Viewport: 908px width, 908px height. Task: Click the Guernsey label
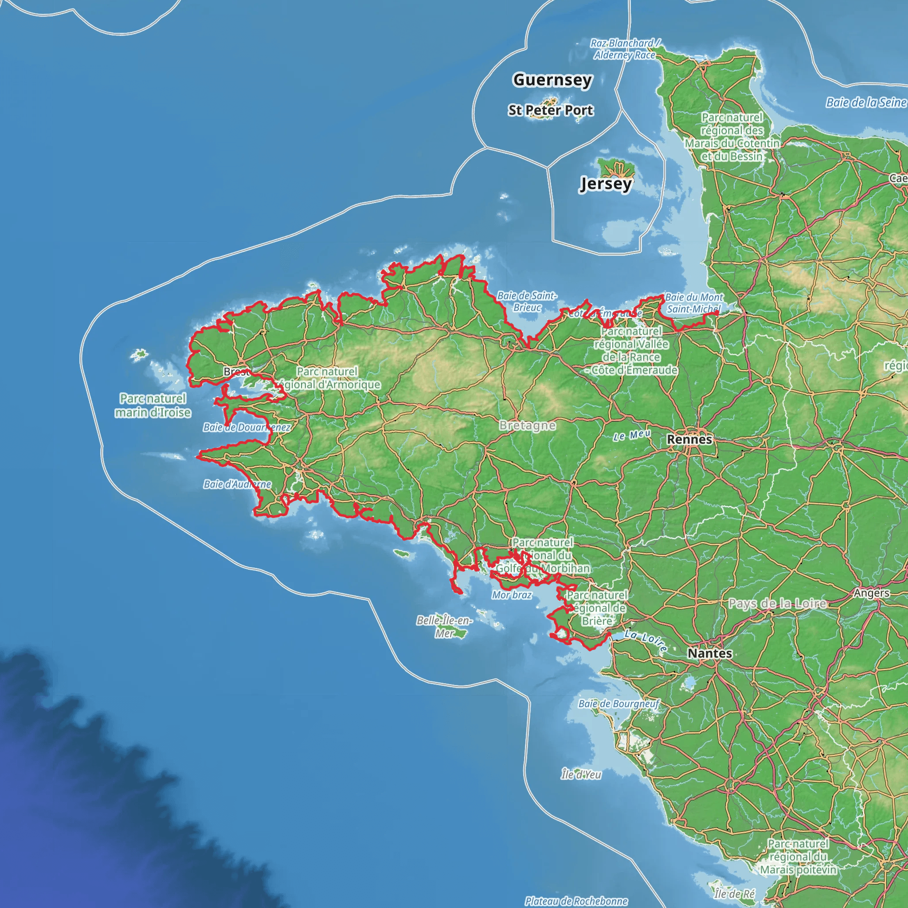[552, 80]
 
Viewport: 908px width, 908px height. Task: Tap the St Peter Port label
[551, 110]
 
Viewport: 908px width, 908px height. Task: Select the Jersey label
[606, 183]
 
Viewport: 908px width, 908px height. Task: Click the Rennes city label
[689, 439]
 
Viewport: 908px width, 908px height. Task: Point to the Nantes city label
[710, 653]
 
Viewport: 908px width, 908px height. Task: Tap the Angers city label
[872, 593]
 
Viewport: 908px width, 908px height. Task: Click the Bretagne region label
[527, 426]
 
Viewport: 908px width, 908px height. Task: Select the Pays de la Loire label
[777, 603]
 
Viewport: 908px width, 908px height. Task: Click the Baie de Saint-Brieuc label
[527, 301]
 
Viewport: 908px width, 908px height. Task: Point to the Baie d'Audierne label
[237, 484]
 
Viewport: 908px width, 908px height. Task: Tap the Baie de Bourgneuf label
[619, 704]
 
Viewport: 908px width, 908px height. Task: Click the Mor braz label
[512, 595]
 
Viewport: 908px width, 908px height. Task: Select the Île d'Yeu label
[581, 775]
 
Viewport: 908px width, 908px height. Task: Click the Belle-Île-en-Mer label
[445, 626]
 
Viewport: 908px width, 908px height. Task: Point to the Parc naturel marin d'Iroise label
[153, 405]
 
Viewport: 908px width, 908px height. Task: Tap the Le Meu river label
[632, 435]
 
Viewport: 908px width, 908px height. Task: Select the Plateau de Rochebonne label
[576, 901]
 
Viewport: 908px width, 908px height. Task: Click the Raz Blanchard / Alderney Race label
[625, 49]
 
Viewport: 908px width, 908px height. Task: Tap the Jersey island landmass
[616, 167]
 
